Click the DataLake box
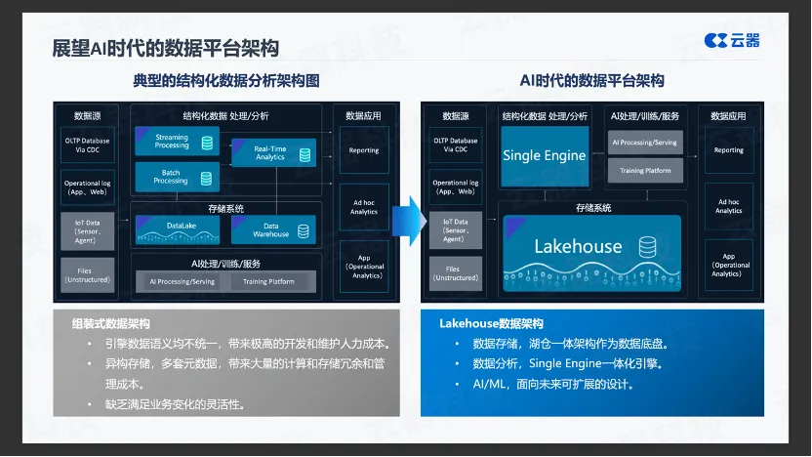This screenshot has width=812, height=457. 178,229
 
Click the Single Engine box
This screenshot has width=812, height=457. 544,155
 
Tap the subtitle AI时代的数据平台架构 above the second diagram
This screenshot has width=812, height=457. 591,81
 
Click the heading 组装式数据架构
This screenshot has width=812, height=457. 109,323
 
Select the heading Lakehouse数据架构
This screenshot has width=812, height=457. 491,323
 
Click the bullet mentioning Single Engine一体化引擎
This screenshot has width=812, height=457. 567,364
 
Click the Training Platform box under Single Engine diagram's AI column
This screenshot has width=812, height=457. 645,171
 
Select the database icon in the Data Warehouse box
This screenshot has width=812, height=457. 304,231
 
